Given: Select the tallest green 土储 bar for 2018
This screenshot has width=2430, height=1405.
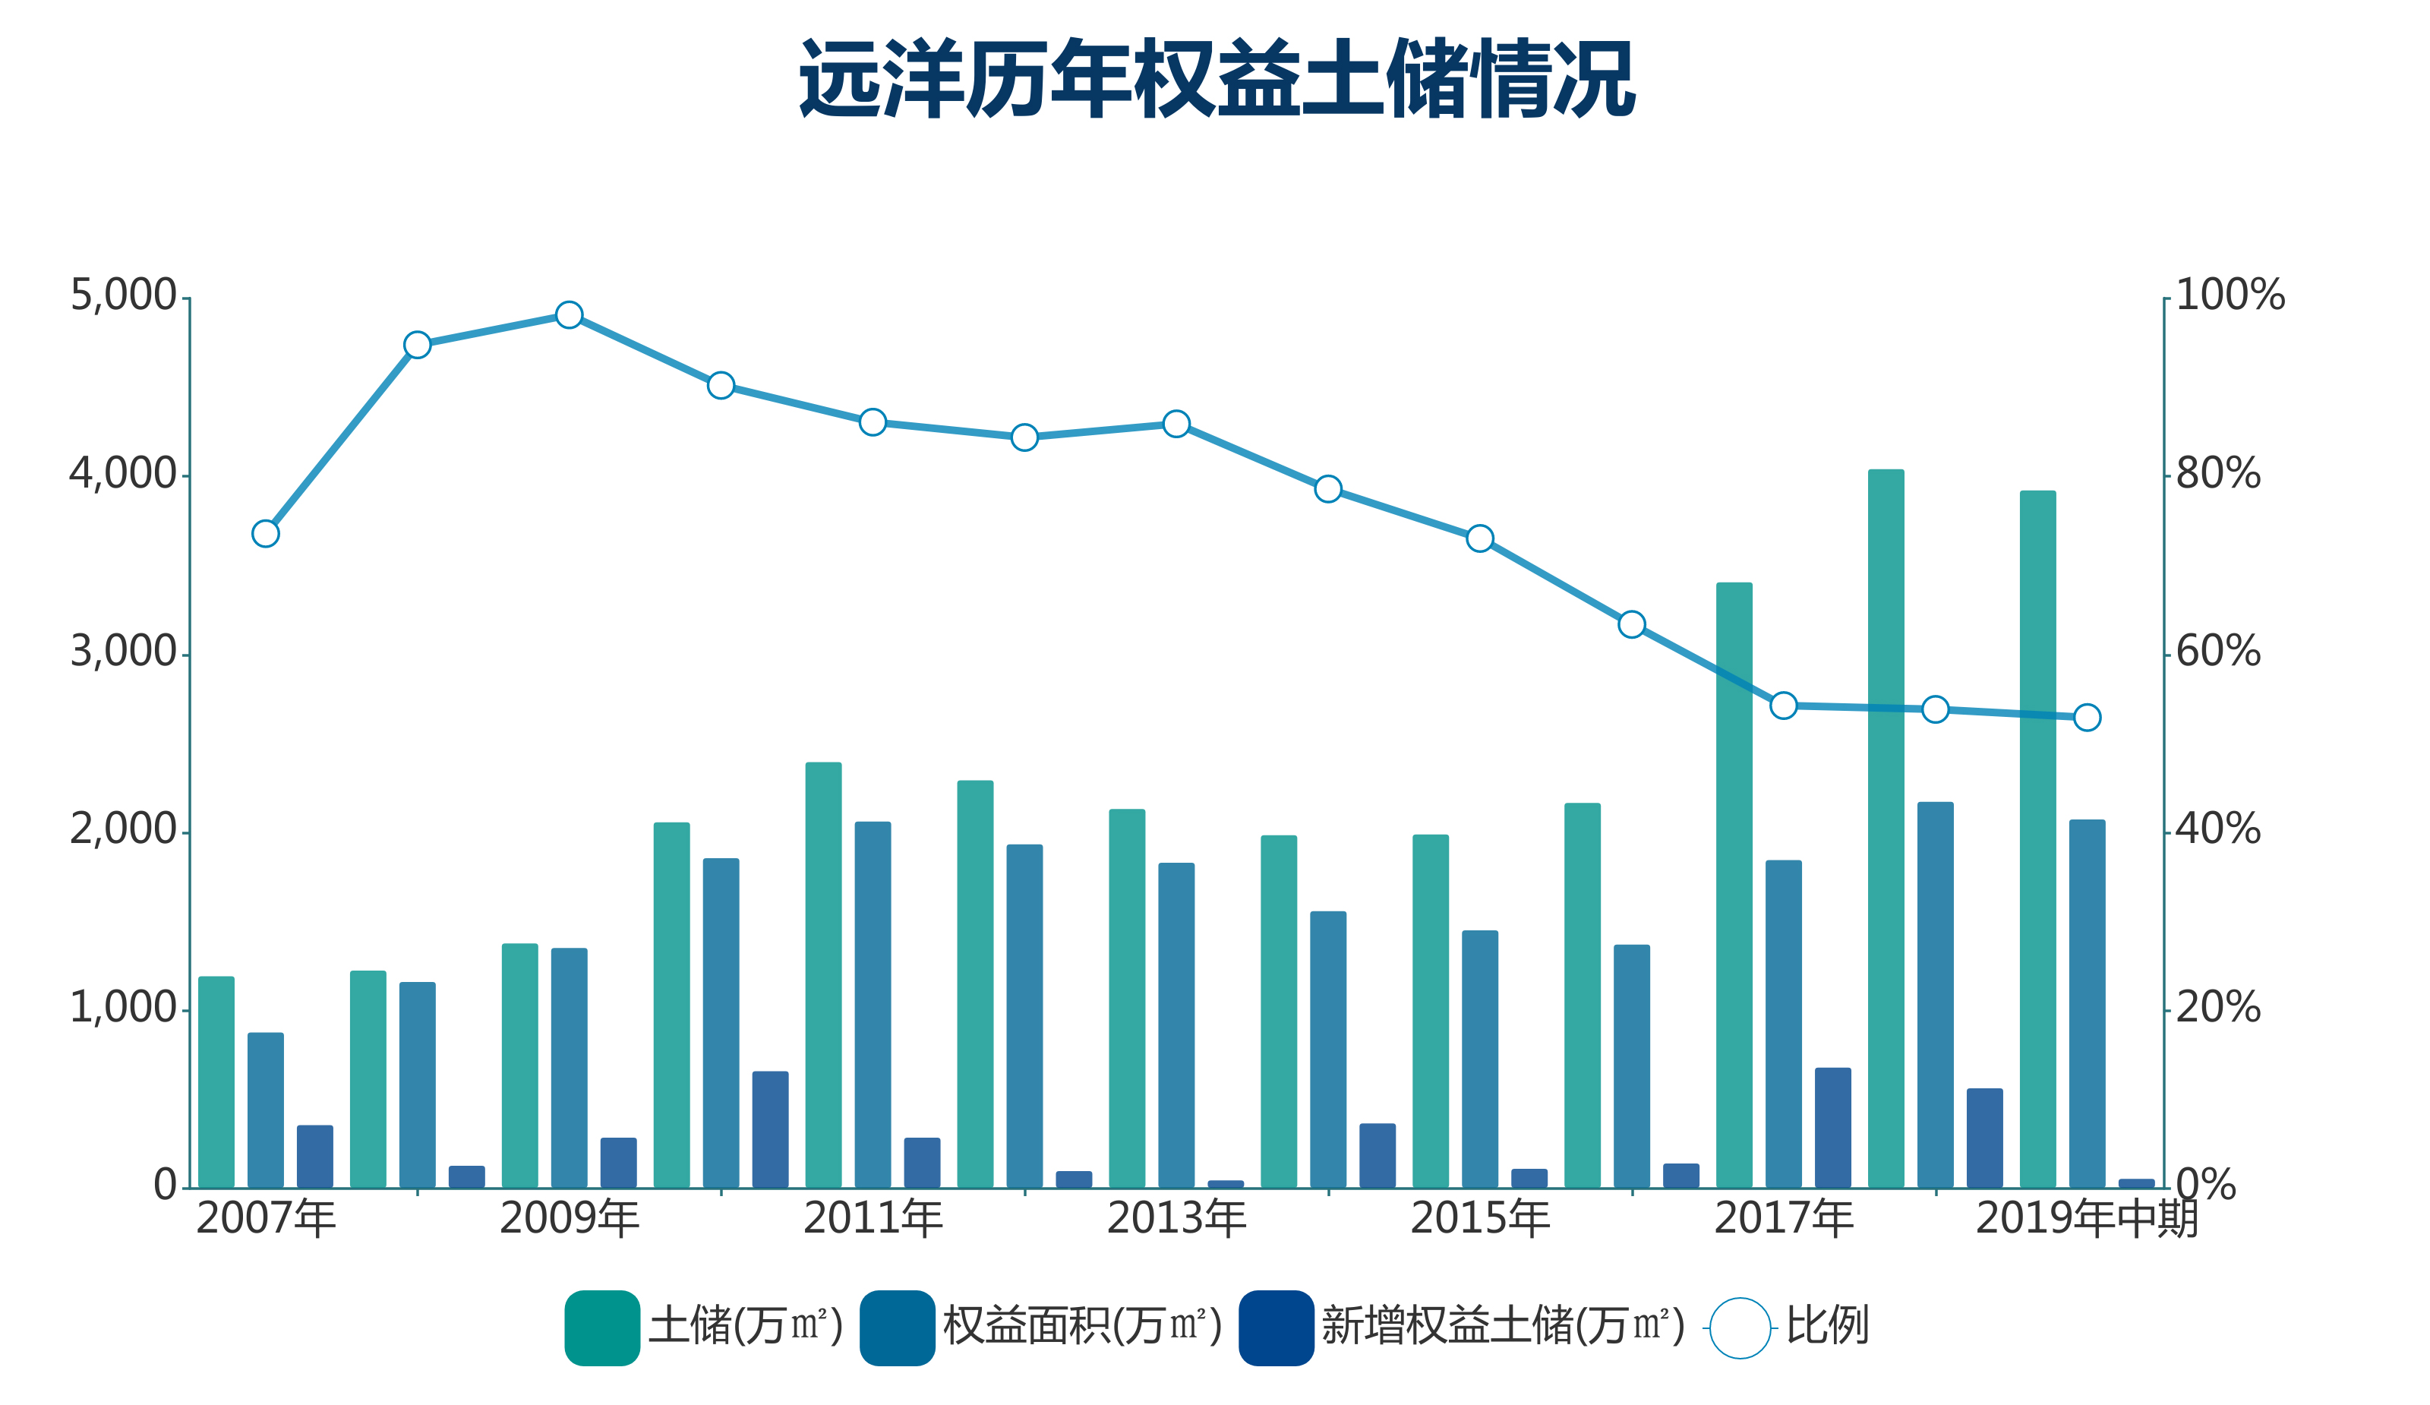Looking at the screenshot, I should (1886, 829).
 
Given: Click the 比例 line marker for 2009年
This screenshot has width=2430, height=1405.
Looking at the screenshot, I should (569, 315).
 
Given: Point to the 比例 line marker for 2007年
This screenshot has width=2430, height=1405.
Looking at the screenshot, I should (265, 533).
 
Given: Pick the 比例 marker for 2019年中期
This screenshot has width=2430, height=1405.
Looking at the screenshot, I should (2087, 718).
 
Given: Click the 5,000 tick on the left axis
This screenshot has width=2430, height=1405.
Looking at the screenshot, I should (124, 295).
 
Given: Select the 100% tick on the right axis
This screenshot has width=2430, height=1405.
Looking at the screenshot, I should (2230, 295).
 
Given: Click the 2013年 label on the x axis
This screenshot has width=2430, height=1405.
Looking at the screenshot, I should (1176, 1219).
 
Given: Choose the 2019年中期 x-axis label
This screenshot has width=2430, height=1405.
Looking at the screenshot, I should (2087, 1219).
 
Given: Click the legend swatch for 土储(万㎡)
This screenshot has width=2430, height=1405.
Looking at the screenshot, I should (601, 1328).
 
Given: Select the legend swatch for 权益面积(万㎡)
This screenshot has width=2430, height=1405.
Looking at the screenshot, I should (897, 1328).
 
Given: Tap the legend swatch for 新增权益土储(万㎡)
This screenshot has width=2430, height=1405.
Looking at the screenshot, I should (1276, 1328).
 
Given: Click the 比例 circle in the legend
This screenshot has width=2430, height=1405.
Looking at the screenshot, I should (1740, 1328).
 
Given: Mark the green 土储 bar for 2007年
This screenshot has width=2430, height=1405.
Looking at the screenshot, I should (216, 1081).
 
